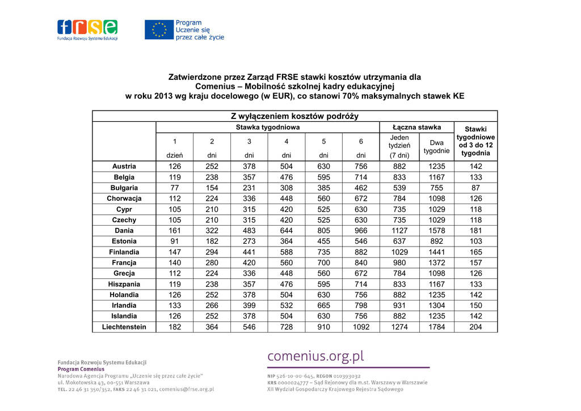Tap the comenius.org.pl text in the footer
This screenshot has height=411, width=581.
pos(315,357)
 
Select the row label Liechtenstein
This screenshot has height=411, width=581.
pos(124,327)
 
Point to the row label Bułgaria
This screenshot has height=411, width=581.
pos(124,188)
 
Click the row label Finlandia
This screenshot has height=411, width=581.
pos(124,252)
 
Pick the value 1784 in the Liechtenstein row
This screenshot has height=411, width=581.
pos(437,327)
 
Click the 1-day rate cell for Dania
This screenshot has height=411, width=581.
pos(175,231)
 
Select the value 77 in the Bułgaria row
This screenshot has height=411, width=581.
pos(175,188)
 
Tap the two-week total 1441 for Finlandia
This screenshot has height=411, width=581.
pos(437,252)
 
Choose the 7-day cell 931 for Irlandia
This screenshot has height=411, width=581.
pos(399,306)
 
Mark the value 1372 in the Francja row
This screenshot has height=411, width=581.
pos(437,263)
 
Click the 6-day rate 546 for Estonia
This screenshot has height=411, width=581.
pos(361,241)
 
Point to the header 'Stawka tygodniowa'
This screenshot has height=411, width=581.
pos(268,128)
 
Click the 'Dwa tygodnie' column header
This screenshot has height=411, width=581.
pos(437,147)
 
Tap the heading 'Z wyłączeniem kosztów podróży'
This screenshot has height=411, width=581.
pos(294,116)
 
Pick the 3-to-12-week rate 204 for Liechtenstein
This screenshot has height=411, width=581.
pos(475,327)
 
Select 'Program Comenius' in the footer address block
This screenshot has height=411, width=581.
pos(81,369)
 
